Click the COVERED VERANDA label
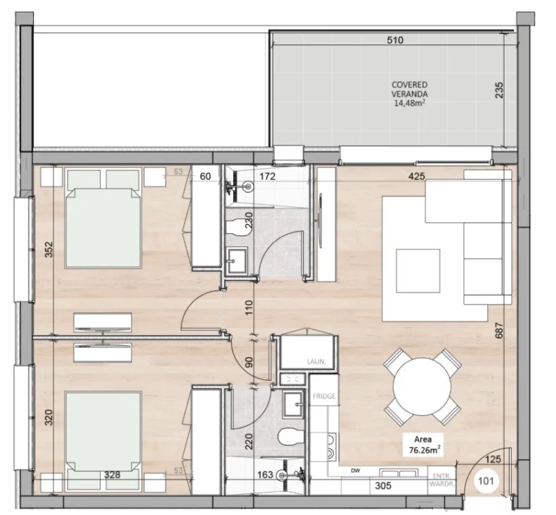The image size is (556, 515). click(x=410, y=89)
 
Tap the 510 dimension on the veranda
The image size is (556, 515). click(x=395, y=40)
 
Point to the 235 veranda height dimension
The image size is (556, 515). click(x=499, y=91)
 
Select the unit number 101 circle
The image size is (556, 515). click(x=486, y=481)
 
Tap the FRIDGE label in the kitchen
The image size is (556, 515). click(x=324, y=396)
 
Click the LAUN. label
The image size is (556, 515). click(x=316, y=361)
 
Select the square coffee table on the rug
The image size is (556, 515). click(x=418, y=271)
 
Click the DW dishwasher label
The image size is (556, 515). click(x=355, y=471)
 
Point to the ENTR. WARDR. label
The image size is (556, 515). click(x=442, y=480)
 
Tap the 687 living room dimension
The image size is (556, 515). click(x=500, y=330)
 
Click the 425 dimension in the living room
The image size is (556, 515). click(x=417, y=176)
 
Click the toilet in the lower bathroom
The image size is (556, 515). click(x=292, y=437)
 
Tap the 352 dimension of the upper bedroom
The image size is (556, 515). click(x=49, y=249)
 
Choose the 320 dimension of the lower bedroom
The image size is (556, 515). click(x=49, y=417)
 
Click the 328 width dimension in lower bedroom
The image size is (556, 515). click(x=112, y=474)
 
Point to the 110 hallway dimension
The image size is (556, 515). click(x=249, y=308)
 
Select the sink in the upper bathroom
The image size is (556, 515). click(x=237, y=261)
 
